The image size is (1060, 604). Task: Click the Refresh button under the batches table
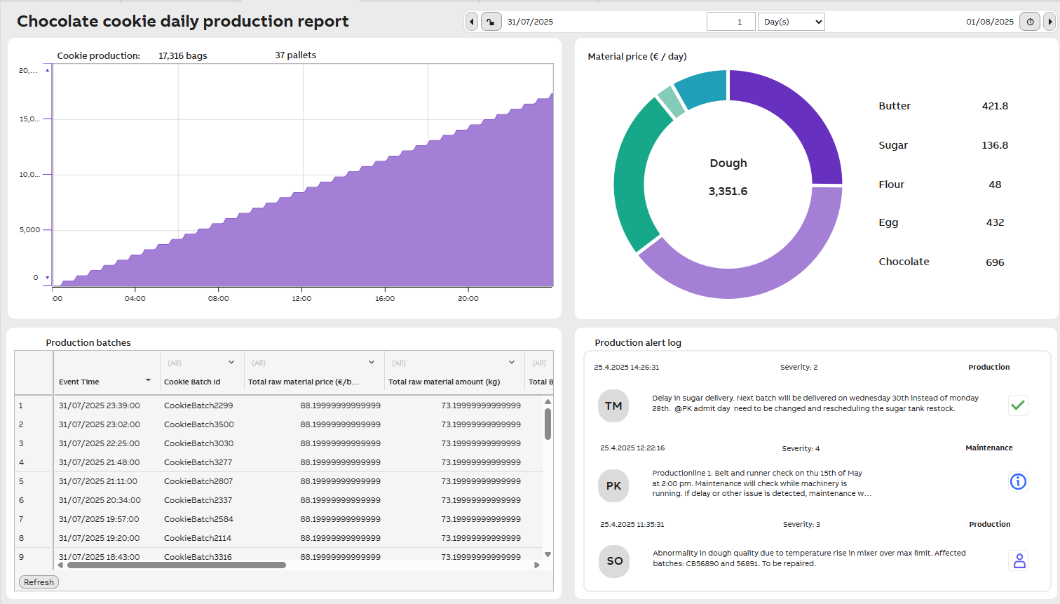[39, 582]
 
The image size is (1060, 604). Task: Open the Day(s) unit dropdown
[791, 22]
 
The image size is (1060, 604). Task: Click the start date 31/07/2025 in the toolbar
[530, 22]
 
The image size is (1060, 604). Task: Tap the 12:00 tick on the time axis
[301, 298]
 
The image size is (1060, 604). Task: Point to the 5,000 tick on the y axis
[29, 229]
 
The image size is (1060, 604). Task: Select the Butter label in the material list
[895, 106]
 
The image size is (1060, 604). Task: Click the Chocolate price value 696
[995, 262]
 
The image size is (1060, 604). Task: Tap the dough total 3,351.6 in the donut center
[728, 192]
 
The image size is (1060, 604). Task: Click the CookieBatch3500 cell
[199, 424]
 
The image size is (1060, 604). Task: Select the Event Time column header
[79, 382]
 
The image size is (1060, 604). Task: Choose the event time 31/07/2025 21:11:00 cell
[98, 481]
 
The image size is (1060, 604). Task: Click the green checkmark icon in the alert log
[1018, 405]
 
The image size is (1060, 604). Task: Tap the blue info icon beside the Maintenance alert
[1018, 482]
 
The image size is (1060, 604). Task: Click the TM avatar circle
[613, 406]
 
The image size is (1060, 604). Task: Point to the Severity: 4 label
[801, 448]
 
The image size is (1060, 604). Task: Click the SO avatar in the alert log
[615, 561]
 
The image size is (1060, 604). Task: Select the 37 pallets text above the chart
[295, 55]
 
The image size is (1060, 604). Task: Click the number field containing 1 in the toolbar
[731, 22]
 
